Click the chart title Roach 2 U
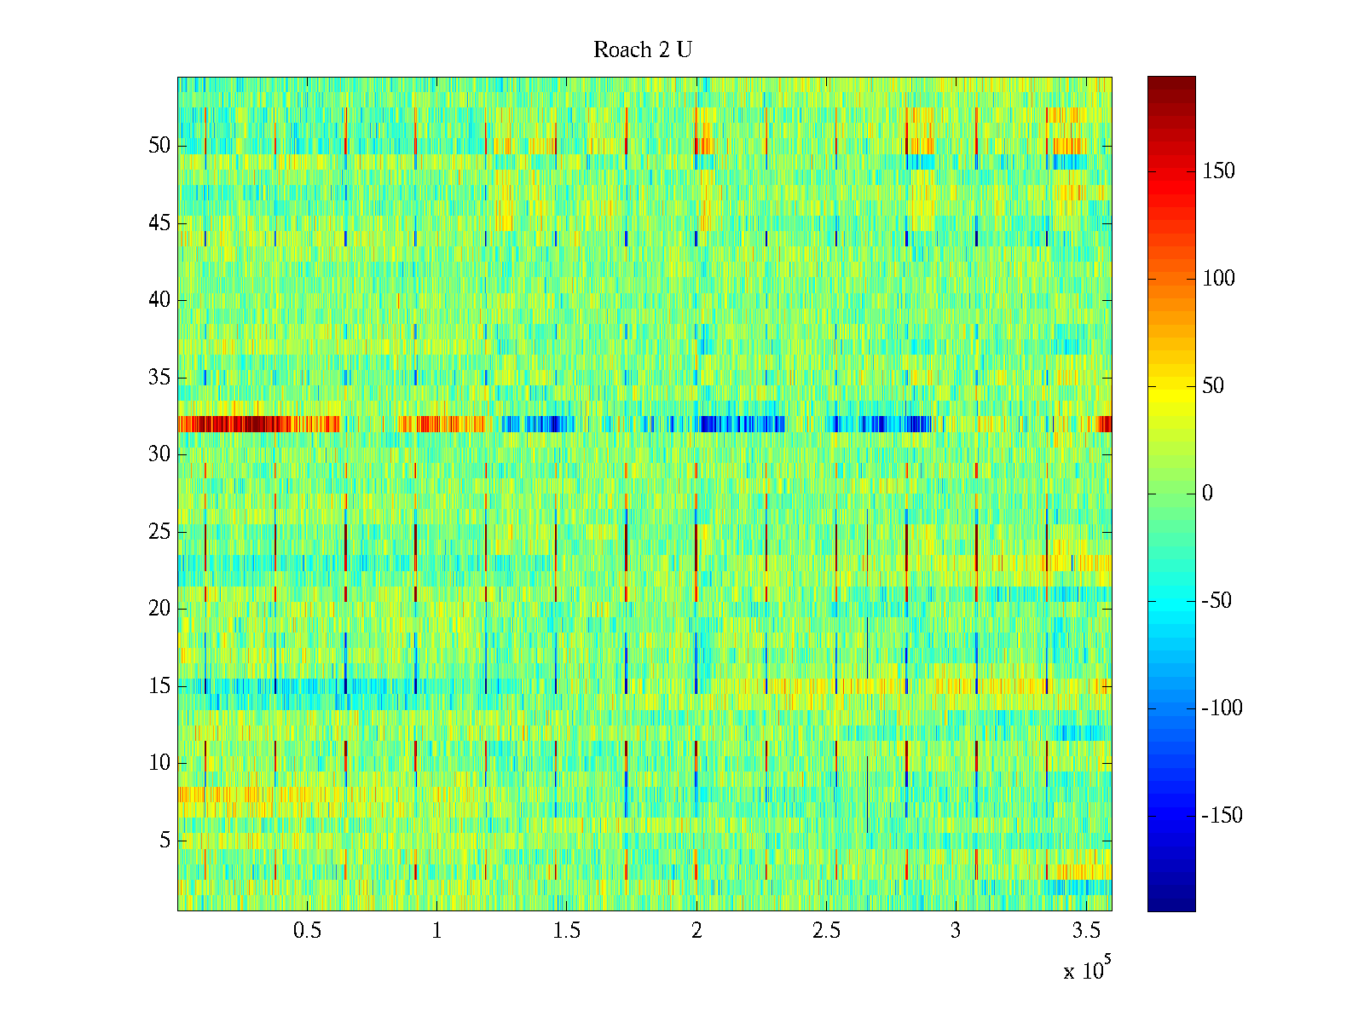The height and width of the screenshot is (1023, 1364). coord(642,50)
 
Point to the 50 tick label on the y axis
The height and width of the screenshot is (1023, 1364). coord(159,146)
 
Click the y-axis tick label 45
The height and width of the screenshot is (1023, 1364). coord(159,223)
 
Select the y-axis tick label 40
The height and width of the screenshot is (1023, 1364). coord(159,300)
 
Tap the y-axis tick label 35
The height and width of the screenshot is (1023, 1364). coord(159,378)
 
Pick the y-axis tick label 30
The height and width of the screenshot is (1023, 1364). coord(159,454)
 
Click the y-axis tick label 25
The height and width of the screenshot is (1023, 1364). coord(159,532)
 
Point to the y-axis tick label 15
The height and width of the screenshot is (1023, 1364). coord(159,686)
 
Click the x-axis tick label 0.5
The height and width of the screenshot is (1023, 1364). coord(308,931)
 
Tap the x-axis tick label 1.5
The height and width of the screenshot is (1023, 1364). coord(567,931)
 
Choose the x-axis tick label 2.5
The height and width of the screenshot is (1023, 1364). coord(826,931)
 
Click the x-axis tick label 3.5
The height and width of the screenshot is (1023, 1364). coord(1085,931)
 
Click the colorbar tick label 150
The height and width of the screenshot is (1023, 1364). coord(1218,171)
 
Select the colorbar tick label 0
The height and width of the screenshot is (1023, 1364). coord(1207,494)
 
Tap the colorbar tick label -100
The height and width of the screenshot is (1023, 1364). coord(1222,708)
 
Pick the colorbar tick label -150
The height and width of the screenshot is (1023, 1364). coord(1222,816)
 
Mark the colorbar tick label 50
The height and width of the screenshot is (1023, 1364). coord(1213,386)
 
